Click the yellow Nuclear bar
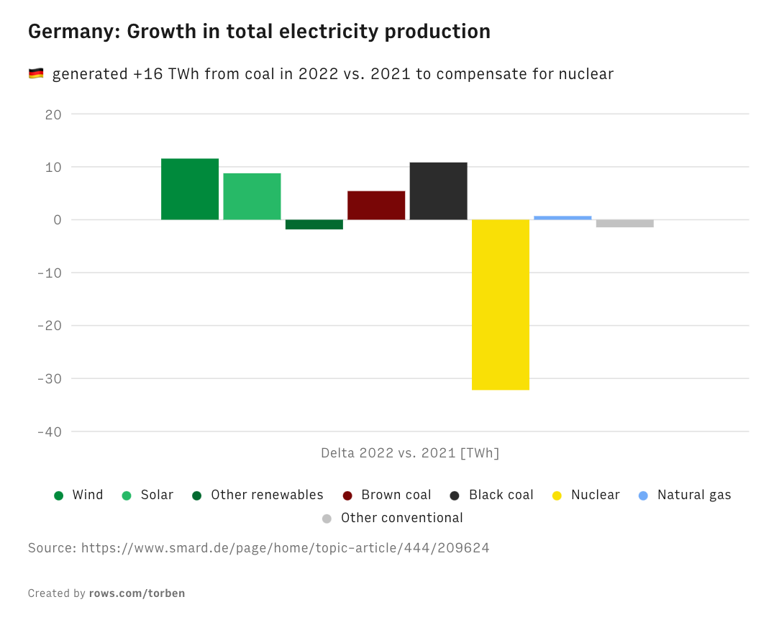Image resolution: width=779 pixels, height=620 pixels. pyautogui.click(x=501, y=304)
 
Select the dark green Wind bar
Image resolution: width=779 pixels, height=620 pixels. pyautogui.click(x=190, y=189)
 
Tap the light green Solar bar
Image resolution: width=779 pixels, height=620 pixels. pyautogui.click(x=252, y=196)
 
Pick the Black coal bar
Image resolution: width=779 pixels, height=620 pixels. pyautogui.click(x=438, y=191)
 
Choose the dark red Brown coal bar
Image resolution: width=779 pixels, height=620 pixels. pyautogui.click(x=376, y=205)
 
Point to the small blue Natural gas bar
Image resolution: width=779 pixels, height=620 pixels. pyautogui.click(x=562, y=217)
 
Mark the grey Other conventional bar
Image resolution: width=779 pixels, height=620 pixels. pyautogui.click(x=624, y=223)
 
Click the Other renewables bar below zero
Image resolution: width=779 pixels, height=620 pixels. pyautogui.click(x=314, y=224)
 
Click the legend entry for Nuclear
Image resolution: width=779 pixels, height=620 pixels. pyautogui.click(x=594, y=495)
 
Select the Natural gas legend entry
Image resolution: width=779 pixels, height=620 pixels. pyautogui.click(x=693, y=495)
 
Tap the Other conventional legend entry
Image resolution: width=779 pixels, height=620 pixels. pyautogui.click(x=401, y=518)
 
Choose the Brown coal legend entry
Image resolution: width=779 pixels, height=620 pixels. pyautogui.click(x=396, y=495)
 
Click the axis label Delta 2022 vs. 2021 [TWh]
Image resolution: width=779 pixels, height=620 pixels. pyautogui.click(x=410, y=453)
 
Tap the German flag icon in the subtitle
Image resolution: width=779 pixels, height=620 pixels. pyautogui.click(x=36, y=73)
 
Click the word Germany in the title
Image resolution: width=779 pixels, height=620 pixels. pyautogui.click(x=74, y=32)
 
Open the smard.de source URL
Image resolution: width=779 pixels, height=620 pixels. pyautogui.click(x=285, y=548)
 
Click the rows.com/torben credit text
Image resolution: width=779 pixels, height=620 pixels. pyautogui.click(x=137, y=593)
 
